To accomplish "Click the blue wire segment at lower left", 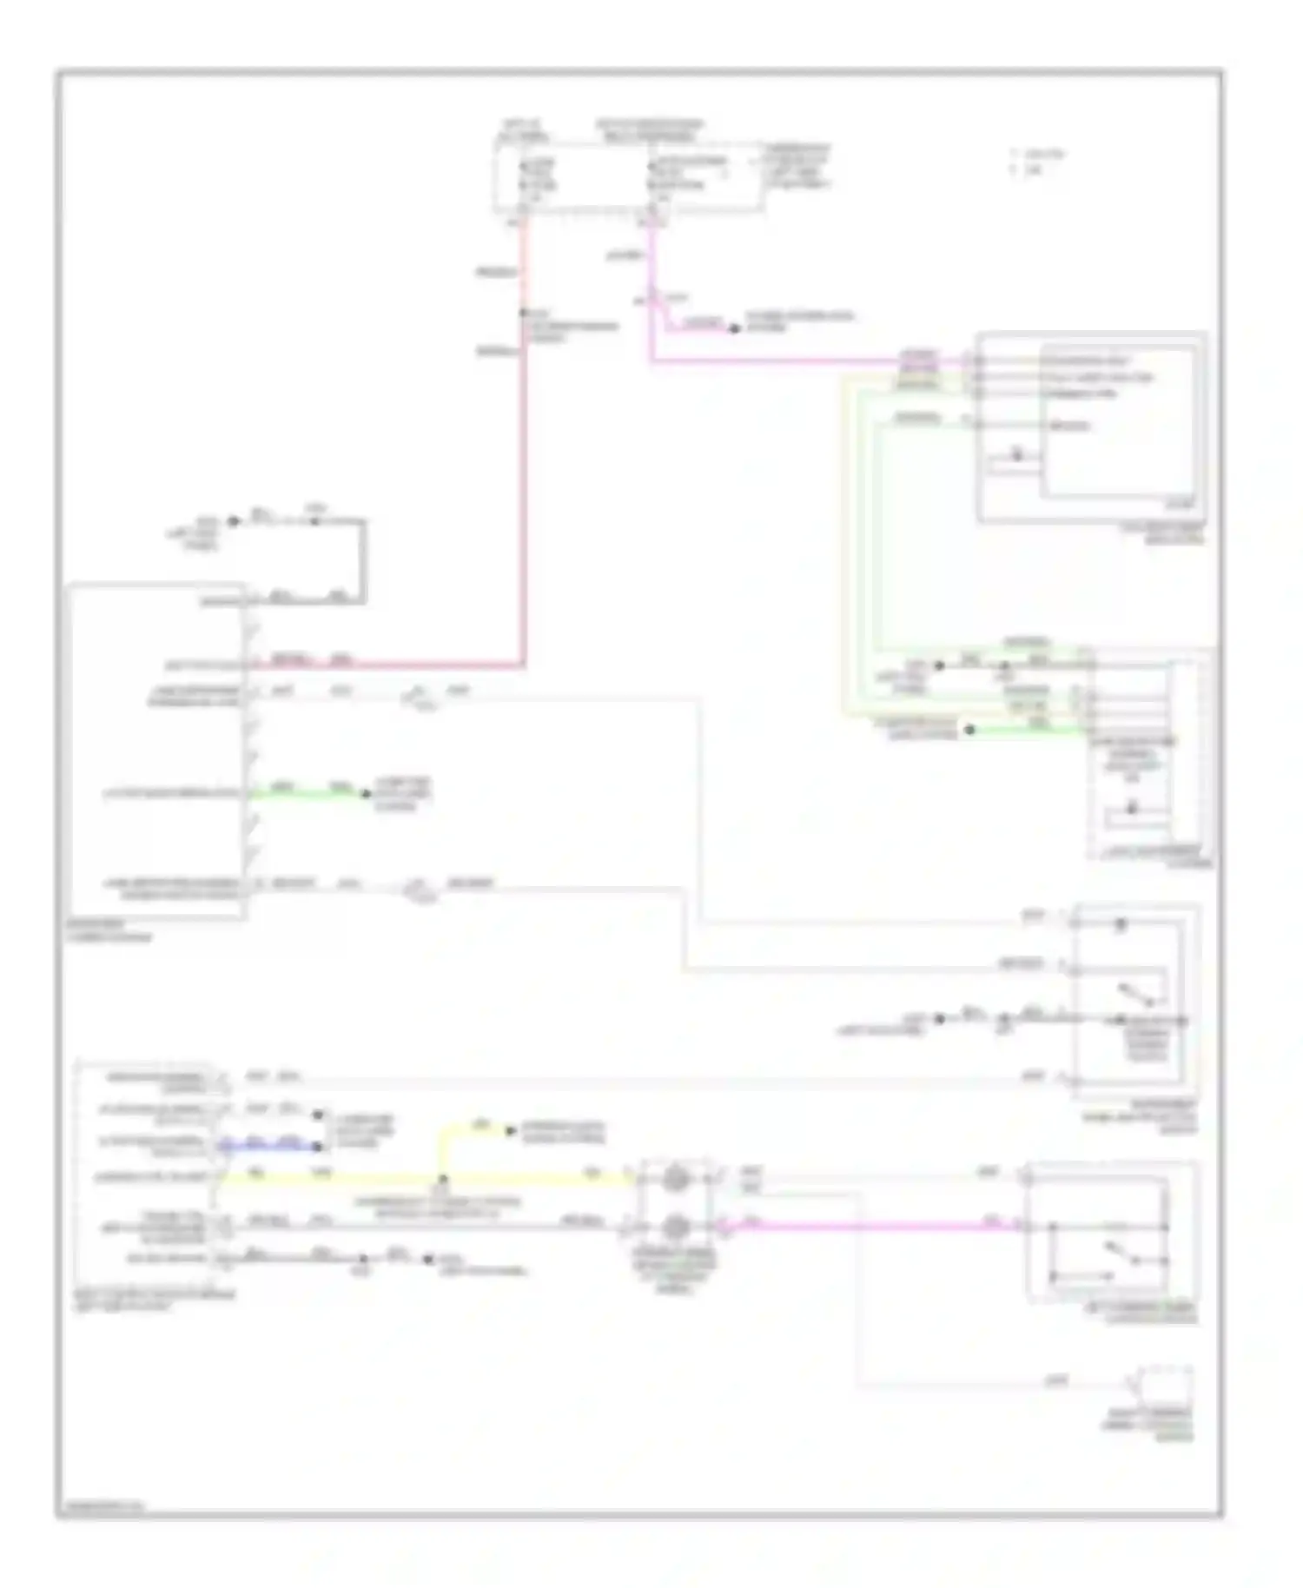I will click(269, 1147).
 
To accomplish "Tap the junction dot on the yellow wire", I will click(443, 1179).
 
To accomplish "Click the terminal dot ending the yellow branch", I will click(510, 1130).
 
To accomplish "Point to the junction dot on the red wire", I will click(523, 313).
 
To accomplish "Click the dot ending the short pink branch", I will click(734, 328).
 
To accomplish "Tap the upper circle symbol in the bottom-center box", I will click(676, 1179).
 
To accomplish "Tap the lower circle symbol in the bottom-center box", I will click(676, 1227).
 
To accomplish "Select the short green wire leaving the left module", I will click(304, 793).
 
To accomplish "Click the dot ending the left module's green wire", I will click(366, 793).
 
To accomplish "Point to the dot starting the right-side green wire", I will click(970, 730).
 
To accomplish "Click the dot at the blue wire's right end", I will click(319, 1147).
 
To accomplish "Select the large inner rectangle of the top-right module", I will click(1118, 424).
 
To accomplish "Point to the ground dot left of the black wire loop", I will click(233, 521).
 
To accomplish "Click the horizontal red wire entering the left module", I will click(391, 666).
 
